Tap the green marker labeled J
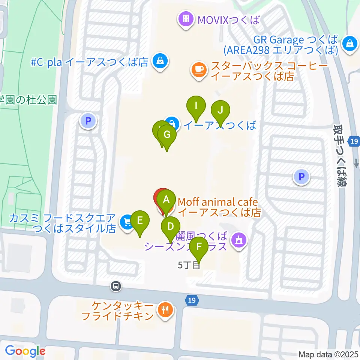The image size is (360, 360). [x=220, y=111]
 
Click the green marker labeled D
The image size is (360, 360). [x=171, y=227]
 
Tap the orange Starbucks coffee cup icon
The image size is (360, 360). [x=199, y=70]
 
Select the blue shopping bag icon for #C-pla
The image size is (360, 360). [x=160, y=60]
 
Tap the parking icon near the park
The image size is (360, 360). [x=88, y=121]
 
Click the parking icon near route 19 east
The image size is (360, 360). [x=302, y=176]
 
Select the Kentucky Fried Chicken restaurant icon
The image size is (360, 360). [x=165, y=310]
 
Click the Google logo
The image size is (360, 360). [x=25, y=351]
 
